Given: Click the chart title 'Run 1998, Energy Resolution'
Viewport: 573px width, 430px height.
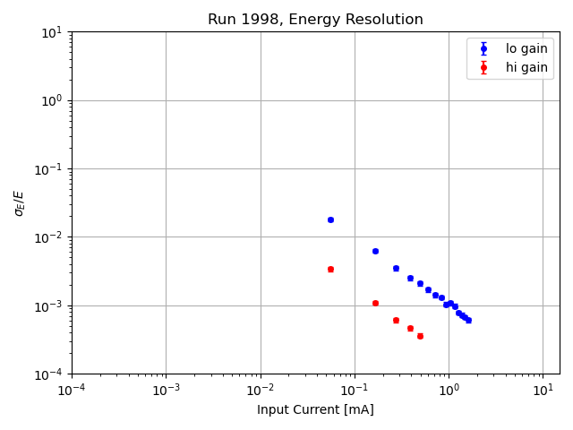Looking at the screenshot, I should pyautogui.click(x=315, y=20).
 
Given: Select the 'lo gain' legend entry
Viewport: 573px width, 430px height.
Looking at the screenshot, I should pyautogui.click(x=526, y=49).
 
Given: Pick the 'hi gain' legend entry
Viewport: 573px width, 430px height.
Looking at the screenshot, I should pyautogui.click(x=526, y=67).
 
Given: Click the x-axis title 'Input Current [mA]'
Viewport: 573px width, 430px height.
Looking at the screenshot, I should pyautogui.click(x=315, y=410).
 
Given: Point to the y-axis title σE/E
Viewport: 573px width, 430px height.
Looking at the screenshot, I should pyautogui.click(x=20, y=202).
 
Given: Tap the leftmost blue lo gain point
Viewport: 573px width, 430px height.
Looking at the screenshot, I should pyautogui.click(x=330, y=219).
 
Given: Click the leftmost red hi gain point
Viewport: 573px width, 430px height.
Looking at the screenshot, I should pyautogui.click(x=330, y=269).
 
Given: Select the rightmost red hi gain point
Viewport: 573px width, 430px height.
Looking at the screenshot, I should pyautogui.click(x=420, y=336).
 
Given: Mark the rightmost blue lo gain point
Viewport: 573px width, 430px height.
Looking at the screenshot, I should pyautogui.click(x=468, y=320).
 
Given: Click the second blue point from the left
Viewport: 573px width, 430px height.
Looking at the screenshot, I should pyautogui.click(x=375, y=251).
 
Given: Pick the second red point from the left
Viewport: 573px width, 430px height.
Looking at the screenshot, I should pyautogui.click(x=375, y=303).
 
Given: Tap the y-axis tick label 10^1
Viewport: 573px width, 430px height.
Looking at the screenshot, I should pyautogui.click(x=51, y=32).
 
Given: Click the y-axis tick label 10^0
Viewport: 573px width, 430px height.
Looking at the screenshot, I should pyautogui.click(x=51, y=100).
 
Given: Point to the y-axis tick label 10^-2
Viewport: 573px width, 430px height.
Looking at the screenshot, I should pyautogui.click(x=49, y=237).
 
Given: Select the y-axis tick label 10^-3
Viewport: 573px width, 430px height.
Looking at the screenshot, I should pyautogui.click(x=49, y=305).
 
